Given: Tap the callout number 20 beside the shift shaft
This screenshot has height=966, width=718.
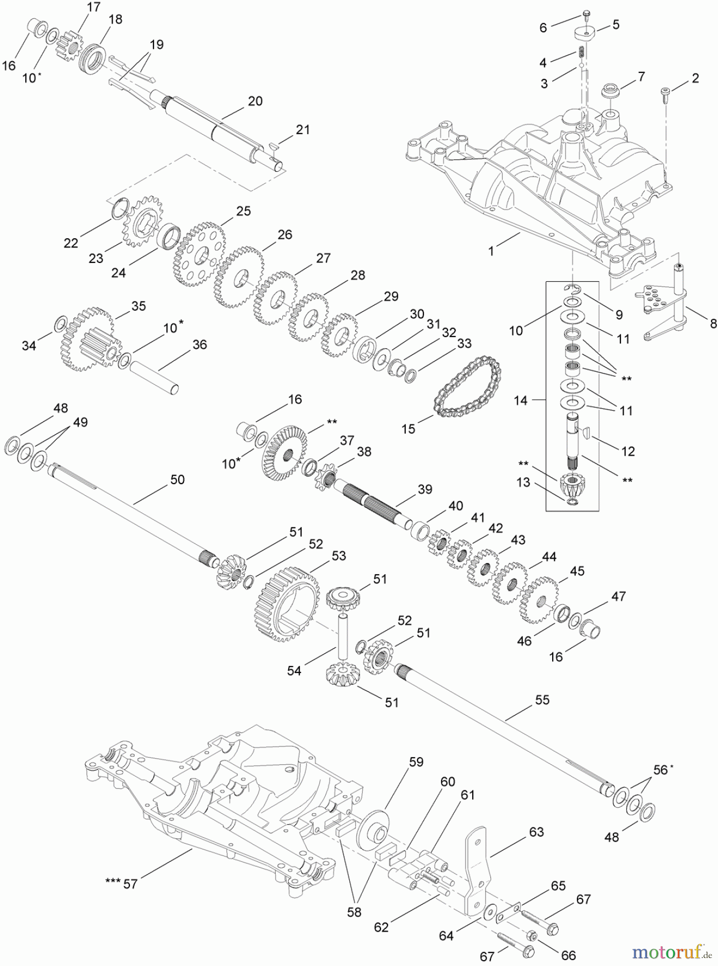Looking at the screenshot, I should pos(255,101).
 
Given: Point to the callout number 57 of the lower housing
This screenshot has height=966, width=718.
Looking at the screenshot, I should pos(130,883).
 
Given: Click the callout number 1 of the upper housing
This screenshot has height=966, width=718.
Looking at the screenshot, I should pos(490,251).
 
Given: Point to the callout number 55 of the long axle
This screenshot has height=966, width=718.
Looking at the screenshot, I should pos(542,700).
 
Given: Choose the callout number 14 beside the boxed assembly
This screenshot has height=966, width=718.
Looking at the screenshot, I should pos(521,400).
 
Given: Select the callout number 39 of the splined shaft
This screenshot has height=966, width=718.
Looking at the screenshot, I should pos(424,489).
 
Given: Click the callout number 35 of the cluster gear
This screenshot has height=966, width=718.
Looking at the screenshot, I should pos(138,306).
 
